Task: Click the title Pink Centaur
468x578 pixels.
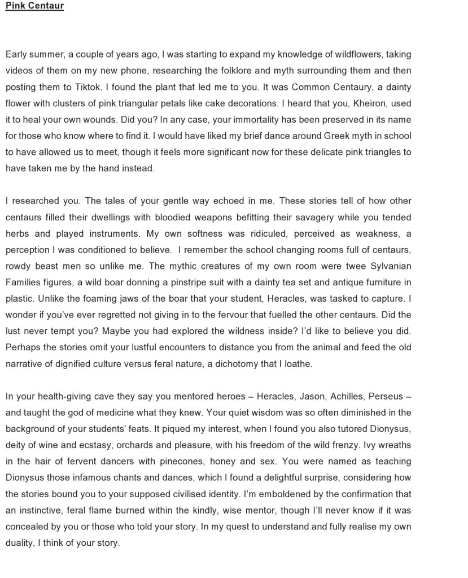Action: [x=34, y=6]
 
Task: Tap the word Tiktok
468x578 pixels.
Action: [x=90, y=87]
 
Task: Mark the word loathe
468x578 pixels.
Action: [x=296, y=364]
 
